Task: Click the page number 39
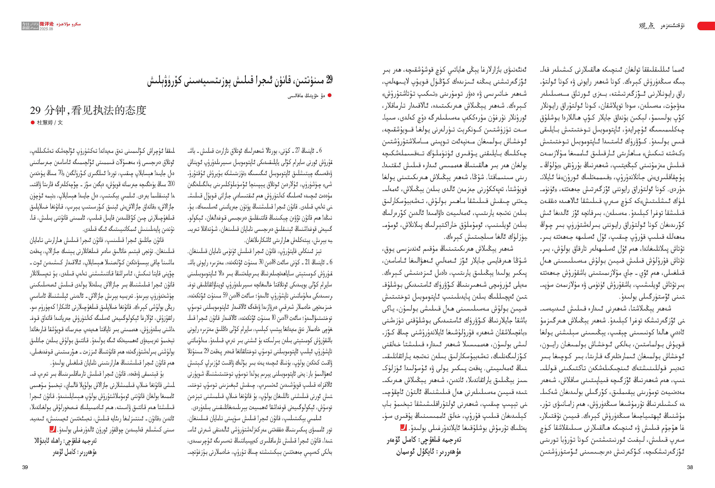click(x=25, y=467)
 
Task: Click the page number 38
click(x=690, y=467)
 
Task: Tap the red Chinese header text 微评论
click(x=46, y=24)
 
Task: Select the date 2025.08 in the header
click(x=46, y=29)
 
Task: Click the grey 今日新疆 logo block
click(x=30, y=26)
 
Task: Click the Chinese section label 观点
click(x=647, y=26)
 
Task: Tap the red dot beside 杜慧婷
click(x=33, y=122)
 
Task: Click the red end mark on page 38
click(x=403, y=427)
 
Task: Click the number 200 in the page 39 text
click(x=171, y=184)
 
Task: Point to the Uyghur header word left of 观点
click(x=672, y=26)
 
